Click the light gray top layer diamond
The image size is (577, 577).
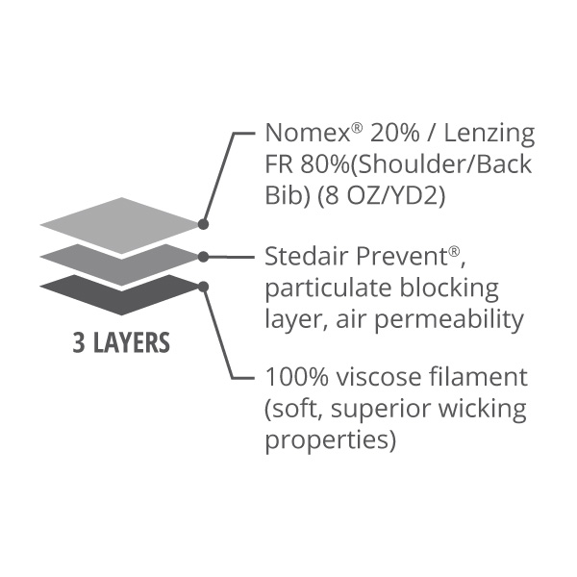coord(121,225)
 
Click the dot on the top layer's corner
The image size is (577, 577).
coord(203,224)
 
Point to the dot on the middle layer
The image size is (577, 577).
coord(203,257)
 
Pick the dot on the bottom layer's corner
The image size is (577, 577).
coord(203,287)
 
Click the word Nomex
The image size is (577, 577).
coord(308,133)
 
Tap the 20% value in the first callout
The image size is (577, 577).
coord(394,133)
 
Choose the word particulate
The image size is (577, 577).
coord(328,289)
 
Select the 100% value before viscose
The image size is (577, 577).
coord(296,377)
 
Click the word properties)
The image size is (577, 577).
coord(330,440)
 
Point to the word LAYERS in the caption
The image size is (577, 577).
coord(132,342)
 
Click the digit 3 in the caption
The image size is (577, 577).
coord(79,342)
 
